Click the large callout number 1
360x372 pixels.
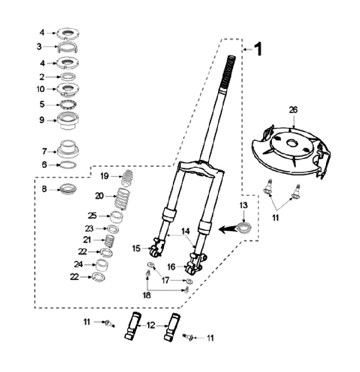[x=258, y=49]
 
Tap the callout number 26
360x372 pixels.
[x=293, y=110]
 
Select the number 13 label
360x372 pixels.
[x=243, y=205]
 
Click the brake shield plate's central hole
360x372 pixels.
[x=291, y=143]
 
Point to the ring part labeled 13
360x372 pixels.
[x=244, y=227]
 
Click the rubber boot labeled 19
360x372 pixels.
[x=127, y=178]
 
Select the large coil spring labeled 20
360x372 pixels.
[x=122, y=199]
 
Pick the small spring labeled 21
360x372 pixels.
[x=110, y=241]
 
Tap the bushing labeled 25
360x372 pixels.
[x=116, y=216]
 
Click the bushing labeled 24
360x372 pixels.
[x=102, y=265]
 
